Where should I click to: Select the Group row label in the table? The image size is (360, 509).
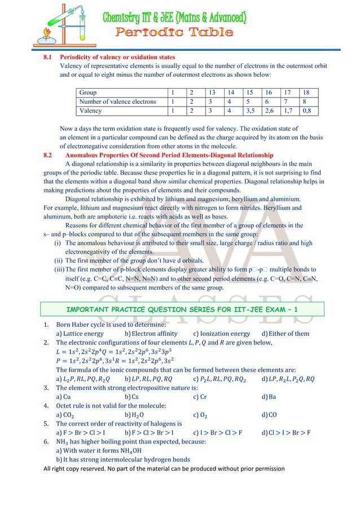click(88, 92)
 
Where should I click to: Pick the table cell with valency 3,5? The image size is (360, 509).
click(250, 111)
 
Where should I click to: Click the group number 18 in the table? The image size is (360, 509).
click(306, 92)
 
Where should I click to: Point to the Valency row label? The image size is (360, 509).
click(91, 111)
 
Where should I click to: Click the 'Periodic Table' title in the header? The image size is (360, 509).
click(174, 32)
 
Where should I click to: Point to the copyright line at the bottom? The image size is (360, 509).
click(164, 468)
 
